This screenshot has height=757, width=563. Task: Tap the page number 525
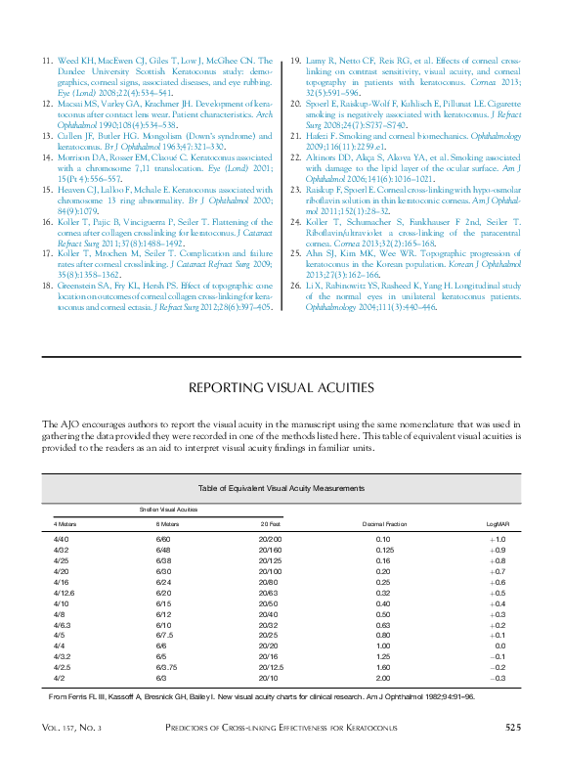(518, 728)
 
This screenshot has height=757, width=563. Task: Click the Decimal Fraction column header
(383, 524)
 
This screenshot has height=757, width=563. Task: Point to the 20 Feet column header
(270, 524)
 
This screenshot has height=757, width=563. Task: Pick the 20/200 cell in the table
(270, 540)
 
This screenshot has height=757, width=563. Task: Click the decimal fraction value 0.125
(383, 550)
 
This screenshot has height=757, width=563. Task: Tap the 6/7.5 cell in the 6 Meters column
(164, 635)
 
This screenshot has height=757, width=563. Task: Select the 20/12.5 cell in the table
(271, 666)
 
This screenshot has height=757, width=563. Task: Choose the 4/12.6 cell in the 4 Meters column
(63, 593)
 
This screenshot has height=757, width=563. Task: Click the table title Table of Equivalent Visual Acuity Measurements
(281, 487)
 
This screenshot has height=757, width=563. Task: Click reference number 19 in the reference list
(295, 61)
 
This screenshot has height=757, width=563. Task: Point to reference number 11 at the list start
(47, 61)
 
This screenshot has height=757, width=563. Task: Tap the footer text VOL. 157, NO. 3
(71, 729)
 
